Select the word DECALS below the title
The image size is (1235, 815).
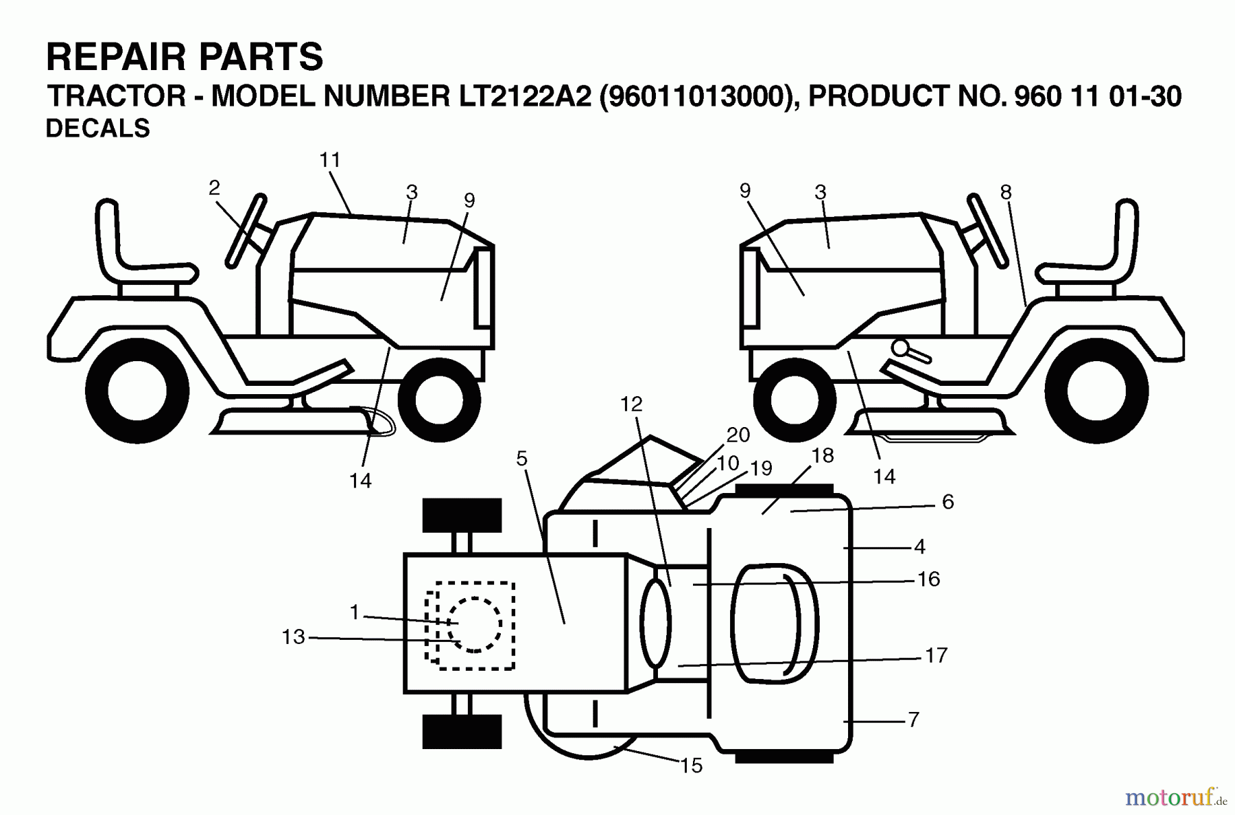coord(97,128)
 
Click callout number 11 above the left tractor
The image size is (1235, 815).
coord(330,160)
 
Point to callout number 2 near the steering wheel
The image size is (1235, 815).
coord(214,187)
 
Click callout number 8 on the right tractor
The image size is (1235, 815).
coord(1005,192)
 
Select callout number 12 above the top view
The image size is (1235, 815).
coord(631,404)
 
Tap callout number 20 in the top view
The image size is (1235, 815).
coord(738,435)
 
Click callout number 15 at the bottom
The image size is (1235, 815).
coord(692,766)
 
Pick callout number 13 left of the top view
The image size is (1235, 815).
coord(293,637)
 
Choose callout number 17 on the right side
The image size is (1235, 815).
coord(936,656)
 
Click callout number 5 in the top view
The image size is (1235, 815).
coord(522,459)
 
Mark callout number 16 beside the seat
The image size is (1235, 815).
coord(928,579)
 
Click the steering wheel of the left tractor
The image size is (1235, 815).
coord(246,230)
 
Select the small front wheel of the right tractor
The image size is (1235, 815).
coord(794,400)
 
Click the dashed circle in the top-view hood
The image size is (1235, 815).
coord(473,624)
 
